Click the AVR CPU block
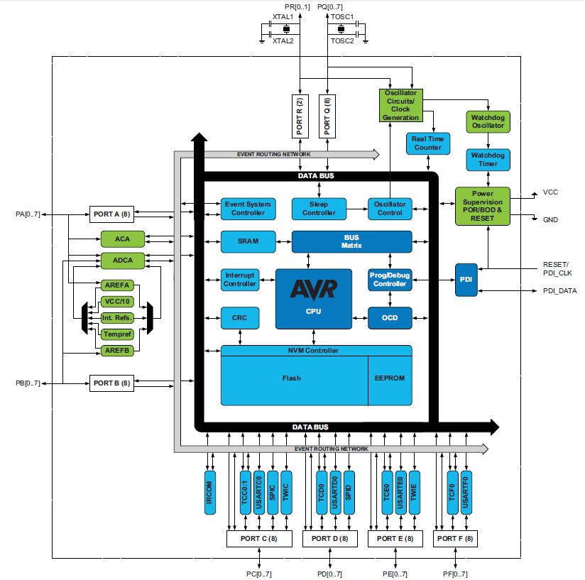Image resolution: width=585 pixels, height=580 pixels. tap(313, 298)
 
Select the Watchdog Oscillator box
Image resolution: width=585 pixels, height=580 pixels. tap(488, 121)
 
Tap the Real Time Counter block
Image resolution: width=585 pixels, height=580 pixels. tap(427, 143)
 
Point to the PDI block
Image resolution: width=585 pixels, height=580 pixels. tap(466, 280)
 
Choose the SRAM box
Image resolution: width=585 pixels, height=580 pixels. tap(248, 241)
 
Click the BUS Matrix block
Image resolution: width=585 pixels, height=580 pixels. tap(351, 241)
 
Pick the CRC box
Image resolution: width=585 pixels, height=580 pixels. tap(239, 317)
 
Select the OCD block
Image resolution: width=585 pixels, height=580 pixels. tap(390, 317)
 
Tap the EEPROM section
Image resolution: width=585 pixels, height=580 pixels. tap(390, 378)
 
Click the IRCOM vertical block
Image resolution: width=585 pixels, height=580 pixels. tap(209, 491)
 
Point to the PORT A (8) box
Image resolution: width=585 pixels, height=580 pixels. tap(111, 213)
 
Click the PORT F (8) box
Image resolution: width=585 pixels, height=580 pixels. tap(455, 539)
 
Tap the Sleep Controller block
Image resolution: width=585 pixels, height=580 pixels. tap(319, 209)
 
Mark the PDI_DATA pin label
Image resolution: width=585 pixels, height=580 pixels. tap(560, 290)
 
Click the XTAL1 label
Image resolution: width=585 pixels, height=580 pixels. tap(283, 16)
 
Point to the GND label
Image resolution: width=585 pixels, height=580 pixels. tap(550, 220)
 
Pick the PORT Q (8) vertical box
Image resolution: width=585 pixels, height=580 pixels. tap(327, 116)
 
